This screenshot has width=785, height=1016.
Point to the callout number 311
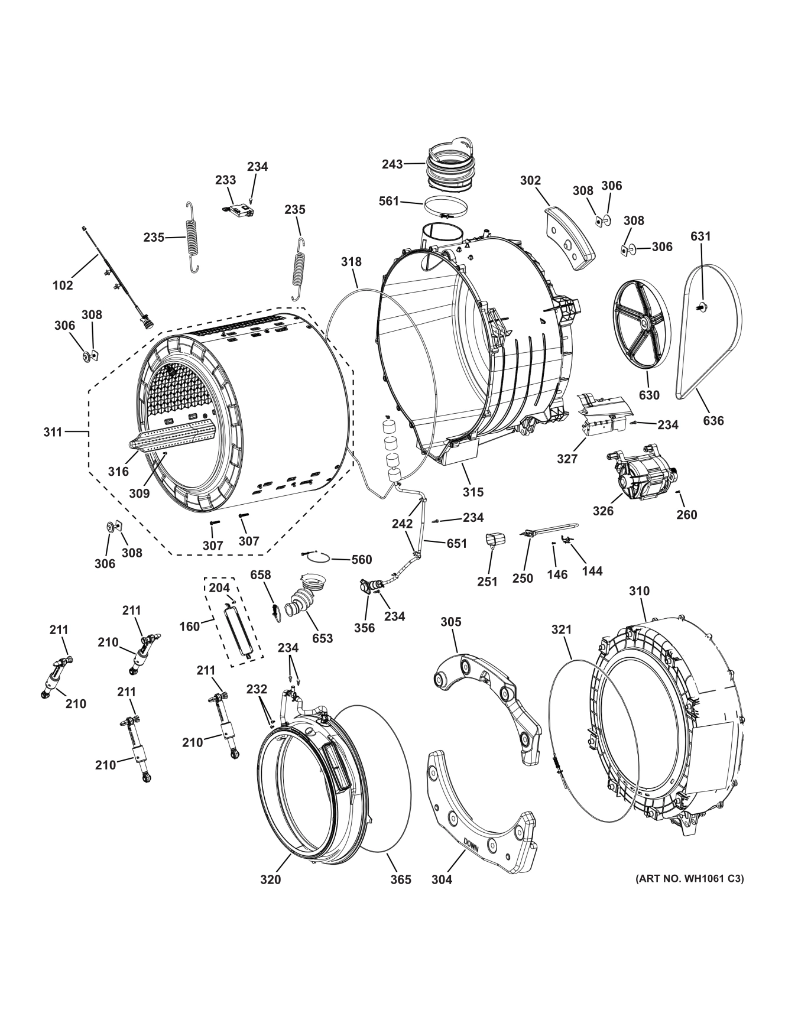pos(53,432)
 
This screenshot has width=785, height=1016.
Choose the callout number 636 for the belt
pos(713,420)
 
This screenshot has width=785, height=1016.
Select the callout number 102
pos(63,285)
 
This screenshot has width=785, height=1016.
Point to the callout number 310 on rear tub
pos(639,590)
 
